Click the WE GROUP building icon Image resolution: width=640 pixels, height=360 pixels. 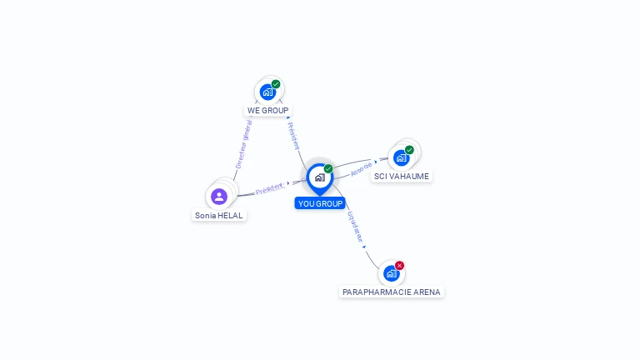pos(267,92)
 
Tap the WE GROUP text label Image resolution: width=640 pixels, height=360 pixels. pos(267,111)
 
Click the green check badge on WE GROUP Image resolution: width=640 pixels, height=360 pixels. pos(276,84)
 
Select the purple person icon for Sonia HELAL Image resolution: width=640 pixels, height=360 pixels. pos(219,197)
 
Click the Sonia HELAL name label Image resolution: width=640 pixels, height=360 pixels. pos(219,216)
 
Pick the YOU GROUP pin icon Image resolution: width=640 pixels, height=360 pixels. pos(320,179)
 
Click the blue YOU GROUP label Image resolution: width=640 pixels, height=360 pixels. pos(320,203)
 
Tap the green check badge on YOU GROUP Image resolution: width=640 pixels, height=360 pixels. pos(328,168)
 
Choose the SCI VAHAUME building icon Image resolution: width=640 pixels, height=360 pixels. pos(401,158)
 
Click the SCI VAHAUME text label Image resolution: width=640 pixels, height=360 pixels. pos(402,177)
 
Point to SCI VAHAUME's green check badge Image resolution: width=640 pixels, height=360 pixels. pos(409,150)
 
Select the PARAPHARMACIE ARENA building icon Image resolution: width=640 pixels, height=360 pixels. pos(392,273)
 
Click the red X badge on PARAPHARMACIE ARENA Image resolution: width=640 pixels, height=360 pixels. pos(400,265)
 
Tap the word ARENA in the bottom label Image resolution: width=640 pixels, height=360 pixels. pos(427,292)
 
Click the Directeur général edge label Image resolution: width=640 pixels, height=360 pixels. pos(243,144)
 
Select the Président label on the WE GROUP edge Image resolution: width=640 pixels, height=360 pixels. pos(293,136)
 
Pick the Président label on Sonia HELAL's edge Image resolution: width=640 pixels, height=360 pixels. pos(270,188)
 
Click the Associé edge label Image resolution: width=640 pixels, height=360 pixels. pos(361,169)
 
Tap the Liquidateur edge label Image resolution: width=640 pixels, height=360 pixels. pos(355,227)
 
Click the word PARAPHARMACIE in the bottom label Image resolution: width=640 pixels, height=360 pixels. pos(377,292)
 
